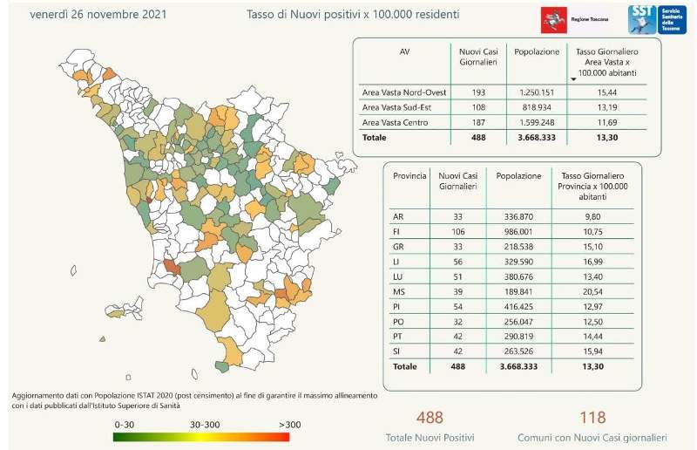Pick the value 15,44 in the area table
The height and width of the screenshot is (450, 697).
coord(604,92)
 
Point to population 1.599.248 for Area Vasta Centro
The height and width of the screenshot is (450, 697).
coord(537,123)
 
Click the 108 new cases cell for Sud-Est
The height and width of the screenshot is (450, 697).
coord(477,107)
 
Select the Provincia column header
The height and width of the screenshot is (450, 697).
coord(409,175)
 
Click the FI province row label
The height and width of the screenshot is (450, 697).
coord(398,231)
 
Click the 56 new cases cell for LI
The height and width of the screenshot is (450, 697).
coord(450,261)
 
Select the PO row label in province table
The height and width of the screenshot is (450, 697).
coord(398,321)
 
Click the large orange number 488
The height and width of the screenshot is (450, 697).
coord(430,418)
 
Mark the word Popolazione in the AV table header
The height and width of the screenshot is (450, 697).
coord(537,51)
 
